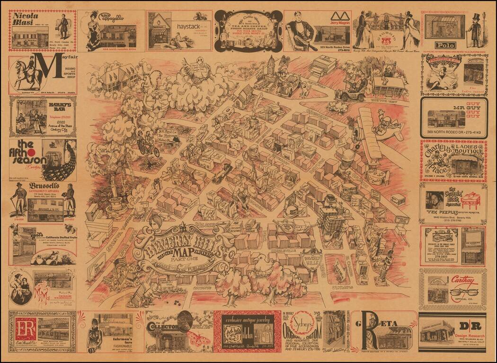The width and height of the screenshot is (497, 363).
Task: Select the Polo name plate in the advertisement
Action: point(446,45)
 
